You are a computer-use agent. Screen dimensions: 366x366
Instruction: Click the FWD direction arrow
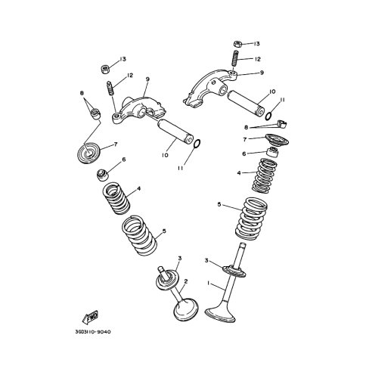point(90,317)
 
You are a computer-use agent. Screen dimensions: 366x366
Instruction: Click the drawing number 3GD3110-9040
point(93,332)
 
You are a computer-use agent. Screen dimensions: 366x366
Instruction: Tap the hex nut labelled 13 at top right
point(237,44)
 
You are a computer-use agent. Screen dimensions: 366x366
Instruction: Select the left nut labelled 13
point(104,69)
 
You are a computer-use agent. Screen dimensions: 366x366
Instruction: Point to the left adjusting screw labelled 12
point(110,88)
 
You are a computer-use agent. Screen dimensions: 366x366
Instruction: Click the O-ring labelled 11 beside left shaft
point(197,144)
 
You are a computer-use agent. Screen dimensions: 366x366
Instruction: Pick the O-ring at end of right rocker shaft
point(268,116)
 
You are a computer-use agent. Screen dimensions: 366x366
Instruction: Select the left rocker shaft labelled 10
point(175,132)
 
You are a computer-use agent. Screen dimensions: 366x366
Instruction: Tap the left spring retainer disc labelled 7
point(88,153)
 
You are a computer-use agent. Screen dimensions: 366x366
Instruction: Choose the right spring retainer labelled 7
point(277,139)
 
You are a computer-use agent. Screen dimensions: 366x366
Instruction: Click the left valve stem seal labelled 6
point(103,175)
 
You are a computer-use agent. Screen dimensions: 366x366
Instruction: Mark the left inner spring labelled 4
point(116,198)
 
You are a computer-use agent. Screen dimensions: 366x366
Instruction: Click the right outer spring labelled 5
point(251,219)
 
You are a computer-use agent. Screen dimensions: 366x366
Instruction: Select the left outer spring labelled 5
point(139,235)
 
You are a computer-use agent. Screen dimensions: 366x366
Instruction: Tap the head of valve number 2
point(186,309)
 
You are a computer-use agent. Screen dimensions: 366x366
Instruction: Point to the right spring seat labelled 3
point(234,271)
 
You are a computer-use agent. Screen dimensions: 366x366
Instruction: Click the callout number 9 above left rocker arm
point(147,79)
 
